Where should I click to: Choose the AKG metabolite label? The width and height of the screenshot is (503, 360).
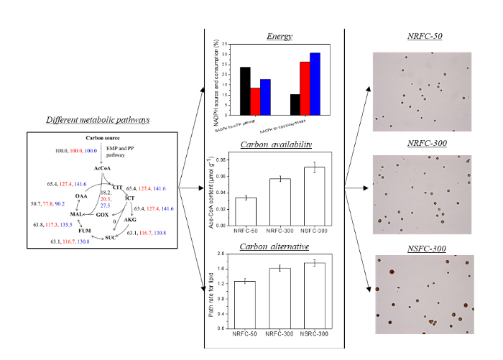tap(130, 220)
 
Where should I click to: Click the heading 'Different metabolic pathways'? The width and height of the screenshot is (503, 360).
tap(98, 120)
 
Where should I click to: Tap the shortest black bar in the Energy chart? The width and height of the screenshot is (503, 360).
tap(295, 104)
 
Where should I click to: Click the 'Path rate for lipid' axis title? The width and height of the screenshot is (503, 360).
tap(212, 291)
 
